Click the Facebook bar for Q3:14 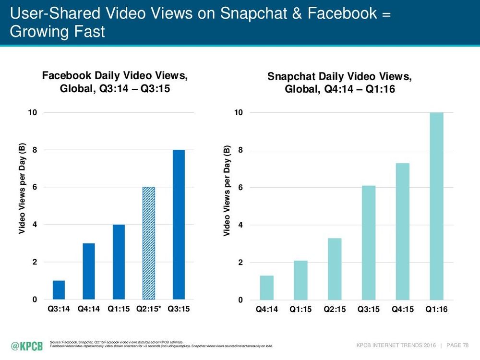[59, 290]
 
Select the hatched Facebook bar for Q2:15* [148, 243]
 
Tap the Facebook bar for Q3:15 [179, 225]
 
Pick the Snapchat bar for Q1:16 [436, 206]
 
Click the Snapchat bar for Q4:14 [266, 288]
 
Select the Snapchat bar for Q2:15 [334, 269]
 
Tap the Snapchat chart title [340, 83]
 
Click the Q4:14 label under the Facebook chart [88, 309]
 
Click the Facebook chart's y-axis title [22, 189]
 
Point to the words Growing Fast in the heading [57, 32]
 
